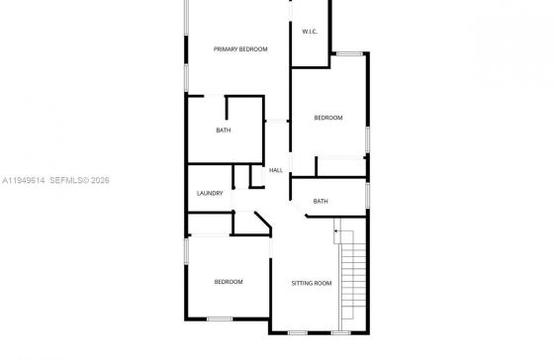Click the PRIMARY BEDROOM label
click(240, 49)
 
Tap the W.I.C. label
click(310, 32)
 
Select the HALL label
click(276, 170)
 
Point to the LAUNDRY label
click(210, 193)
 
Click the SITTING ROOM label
click(312, 283)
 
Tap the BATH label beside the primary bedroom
click(224, 131)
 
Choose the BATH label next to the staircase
click(321, 201)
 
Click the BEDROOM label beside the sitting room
click(229, 282)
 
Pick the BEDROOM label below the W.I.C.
click(328, 118)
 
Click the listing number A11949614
click(24, 180)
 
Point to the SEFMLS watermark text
click(66, 180)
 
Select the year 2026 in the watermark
click(100, 180)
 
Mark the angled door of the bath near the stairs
click(299, 208)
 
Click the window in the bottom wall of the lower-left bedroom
click(220, 319)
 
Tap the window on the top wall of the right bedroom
click(349, 53)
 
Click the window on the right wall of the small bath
click(367, 195)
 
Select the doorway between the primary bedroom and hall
click(277, 122)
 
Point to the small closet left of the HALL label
click(257, 176)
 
